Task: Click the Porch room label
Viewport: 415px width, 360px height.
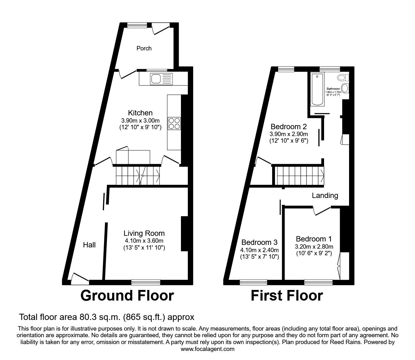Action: coord(144,48)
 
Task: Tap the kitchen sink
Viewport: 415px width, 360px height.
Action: coord(156,79)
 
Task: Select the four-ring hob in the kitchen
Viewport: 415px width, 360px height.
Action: coord(174,123)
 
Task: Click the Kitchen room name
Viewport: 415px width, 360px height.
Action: coord(140,113)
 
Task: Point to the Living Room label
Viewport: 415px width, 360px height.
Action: coord(144,233)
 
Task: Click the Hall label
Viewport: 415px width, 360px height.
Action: coord(89,245)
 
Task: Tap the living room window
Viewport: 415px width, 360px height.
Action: coord(146,282)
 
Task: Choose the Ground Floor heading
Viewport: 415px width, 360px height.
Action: coord(127,296)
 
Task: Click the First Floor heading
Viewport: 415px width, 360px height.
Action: coord(287,296)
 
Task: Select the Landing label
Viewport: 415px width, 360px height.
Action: coord(325,195)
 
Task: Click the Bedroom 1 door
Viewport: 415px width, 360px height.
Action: coord(322,210)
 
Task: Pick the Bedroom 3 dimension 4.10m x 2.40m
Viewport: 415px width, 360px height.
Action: coord(259,250)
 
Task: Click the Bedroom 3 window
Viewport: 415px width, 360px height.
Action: coord(253,282)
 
